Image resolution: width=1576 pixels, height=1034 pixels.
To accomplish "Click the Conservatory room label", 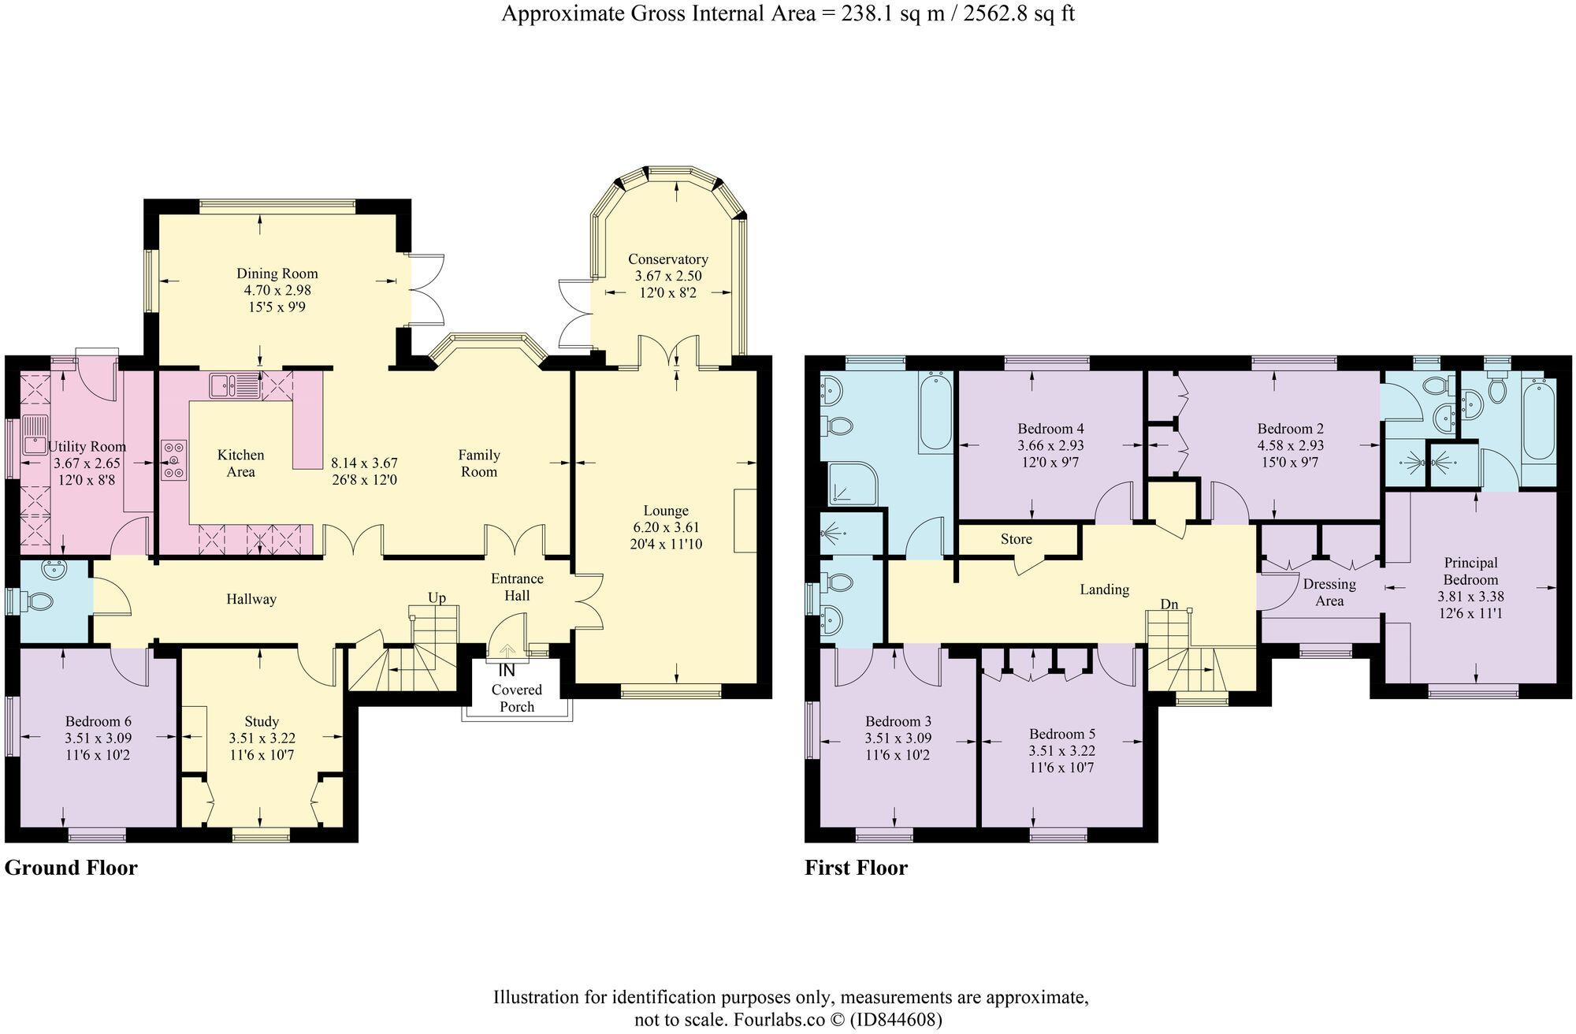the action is (667, 259).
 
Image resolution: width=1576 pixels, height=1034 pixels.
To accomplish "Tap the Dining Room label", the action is (277, 273).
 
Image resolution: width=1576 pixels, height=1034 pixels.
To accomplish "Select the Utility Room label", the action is (87, 447).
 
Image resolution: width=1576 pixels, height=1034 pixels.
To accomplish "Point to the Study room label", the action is (262, 722).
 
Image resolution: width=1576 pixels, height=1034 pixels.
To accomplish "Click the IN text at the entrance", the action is (507, 671).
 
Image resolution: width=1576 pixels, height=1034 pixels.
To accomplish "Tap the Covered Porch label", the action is (517, 698).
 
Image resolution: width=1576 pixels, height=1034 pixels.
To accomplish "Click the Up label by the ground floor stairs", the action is (437, 598).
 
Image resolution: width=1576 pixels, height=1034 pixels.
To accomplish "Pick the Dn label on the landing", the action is (1169, 604).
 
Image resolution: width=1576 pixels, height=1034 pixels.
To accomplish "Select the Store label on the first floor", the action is (1017, 539).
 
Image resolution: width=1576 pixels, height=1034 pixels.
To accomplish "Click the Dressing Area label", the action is (1329, 593).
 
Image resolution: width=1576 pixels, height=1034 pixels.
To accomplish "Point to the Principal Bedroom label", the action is (1471, 571).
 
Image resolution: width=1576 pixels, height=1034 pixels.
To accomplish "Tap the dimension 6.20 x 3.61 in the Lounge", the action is (666, 527).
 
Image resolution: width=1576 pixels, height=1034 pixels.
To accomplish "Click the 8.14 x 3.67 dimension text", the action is (364, 463).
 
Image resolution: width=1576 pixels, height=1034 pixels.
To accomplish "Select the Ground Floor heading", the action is (71, 868).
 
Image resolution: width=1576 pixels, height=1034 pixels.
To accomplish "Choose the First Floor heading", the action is (856, 868).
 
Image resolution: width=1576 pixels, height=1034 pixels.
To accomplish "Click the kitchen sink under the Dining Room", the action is (233, 386).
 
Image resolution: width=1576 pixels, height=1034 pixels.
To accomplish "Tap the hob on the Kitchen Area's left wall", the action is (174, 459).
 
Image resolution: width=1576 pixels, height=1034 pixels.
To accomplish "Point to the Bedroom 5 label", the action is (1062, 735).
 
